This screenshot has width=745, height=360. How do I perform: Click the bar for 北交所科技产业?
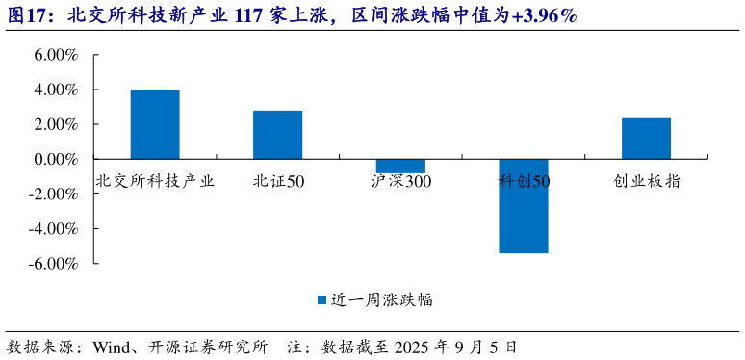pyautogui.click(x=155, y=124)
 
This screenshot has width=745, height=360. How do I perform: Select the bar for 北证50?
pyautogui.click(x=277, y=135)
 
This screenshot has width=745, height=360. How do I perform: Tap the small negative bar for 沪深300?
pyautogui.click(x=400, y=166)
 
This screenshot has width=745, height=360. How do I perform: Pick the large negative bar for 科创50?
pyautogui.click(x=524, y=206)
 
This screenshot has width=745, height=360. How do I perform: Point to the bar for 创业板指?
pyautogui.click(x=646, y=139)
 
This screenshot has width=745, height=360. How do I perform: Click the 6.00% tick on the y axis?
pyautogui.click(x=55, y=55)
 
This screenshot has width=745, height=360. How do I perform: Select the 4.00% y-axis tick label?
pyautogui.click(x=55, y=90)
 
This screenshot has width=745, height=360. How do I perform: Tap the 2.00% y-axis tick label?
pyautogui.click(x=55, y=124)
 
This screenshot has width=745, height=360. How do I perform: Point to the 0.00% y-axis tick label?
pyautogui.click(x=55, y=159)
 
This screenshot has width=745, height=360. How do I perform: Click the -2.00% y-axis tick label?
pyautogui.click(x=53, y=193)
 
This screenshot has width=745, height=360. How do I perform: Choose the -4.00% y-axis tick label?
pyautogui.click(x=53, y=228)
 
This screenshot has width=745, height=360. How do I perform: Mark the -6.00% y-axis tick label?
pyautogui.click(x=53, y=263)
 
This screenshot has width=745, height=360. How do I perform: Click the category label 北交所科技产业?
pyautogui.click(x=155, y=180)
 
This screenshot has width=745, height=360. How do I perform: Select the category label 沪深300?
pyautogui.click(x=400, y=180)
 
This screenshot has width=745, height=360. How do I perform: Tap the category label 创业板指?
pyautogui.click(x=646, y=180)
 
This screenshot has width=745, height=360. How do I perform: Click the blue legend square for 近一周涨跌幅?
pyautogui.click(x=322, y=300)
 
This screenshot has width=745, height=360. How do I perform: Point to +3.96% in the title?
pyautogui.click(x=543, y=14)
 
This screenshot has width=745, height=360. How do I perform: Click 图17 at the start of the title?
pyautogui.click(x=27, y=14)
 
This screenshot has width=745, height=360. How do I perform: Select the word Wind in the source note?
pyautogui.click(x=110, y=346)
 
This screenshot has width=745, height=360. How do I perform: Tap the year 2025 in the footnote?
pyautogui.click(x=412, y=346)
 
